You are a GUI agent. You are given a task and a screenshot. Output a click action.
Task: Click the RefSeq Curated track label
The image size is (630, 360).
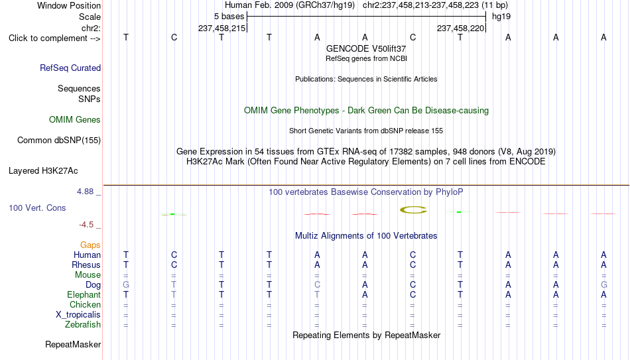(70, 68)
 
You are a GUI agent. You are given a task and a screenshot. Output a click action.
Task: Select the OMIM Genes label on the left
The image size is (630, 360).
(75, 120)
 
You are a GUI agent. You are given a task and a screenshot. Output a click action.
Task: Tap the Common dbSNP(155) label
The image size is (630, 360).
(59, 141)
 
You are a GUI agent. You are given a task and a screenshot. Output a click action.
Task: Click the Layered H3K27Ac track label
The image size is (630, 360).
(43, 171)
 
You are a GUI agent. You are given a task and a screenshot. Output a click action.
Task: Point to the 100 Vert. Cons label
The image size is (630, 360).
(37, 208)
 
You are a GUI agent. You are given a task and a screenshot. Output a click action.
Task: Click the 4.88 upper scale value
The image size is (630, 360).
(85, 192)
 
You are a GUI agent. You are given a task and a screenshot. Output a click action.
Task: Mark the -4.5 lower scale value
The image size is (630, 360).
(86, 225)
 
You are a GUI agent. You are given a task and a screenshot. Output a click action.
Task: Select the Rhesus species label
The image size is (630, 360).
(86, 265)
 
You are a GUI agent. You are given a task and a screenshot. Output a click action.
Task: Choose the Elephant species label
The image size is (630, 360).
(84, 294)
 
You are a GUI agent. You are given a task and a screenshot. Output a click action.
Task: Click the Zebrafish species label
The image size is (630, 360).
(83, 324)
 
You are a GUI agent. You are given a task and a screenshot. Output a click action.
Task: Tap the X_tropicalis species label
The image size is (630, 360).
(78, 315)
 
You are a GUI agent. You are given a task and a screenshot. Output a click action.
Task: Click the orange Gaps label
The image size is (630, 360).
(90, 245)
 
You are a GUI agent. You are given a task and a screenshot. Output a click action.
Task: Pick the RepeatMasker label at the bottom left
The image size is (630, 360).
(73, 344)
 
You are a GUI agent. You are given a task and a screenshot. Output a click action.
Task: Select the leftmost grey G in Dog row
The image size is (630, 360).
(126, 285)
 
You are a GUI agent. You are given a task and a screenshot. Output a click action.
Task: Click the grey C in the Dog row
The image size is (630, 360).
(317, 285)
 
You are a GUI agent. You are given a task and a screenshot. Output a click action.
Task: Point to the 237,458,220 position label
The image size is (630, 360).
(460, 28)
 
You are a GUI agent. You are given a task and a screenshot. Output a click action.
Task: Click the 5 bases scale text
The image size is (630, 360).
(229, 17)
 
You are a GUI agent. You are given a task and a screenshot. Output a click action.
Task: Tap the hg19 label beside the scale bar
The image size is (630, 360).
(501, 17)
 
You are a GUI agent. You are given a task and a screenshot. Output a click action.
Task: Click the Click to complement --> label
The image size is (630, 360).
(54, 38)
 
